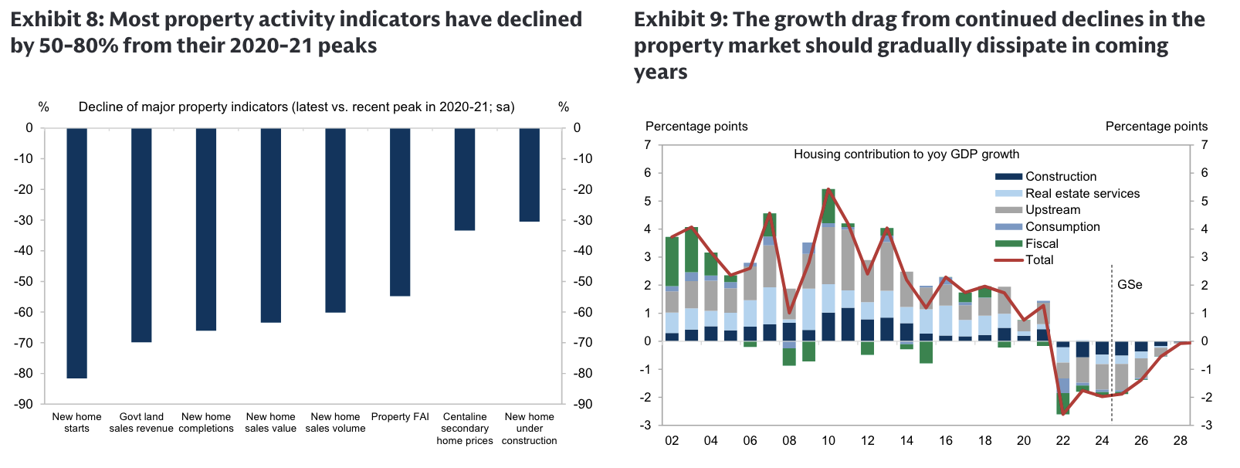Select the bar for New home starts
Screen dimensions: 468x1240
[x=76, y=253]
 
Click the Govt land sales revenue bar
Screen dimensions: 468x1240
[x=141, y=235]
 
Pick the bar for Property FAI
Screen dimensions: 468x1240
[x=400, y=212]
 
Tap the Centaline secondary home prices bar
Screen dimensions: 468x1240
[x=465, y=179]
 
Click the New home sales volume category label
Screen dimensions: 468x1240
[x=335, y=422]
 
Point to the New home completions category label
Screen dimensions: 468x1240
[x=206, y=422]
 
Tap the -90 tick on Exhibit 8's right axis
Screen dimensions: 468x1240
[x=582, y=404]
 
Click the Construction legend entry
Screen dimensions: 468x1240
[x=1060, y=177]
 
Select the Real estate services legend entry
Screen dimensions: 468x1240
[x=1082, y=194]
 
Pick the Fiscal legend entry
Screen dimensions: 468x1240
[x=1042, y=243]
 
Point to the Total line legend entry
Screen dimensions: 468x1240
[x=1039, y=260]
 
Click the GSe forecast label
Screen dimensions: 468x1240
[x=1130, y=285]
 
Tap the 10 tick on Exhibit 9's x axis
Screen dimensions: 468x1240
[x=828, y=441]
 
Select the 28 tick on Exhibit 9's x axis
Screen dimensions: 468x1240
[x=1180, y=441]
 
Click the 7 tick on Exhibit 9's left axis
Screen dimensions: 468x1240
[x=648, y=145]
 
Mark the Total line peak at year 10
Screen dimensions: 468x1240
[x=828, y=189]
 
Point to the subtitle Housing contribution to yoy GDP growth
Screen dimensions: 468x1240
[x=906, y=154]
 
